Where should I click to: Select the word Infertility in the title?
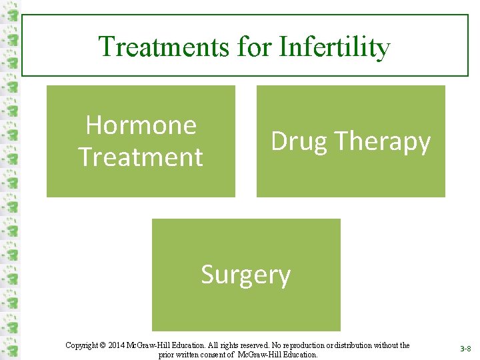click(335, 47)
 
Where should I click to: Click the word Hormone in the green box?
click(141, 125)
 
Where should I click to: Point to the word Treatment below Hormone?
click(141, 157)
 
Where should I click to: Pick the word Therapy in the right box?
click(382, 141)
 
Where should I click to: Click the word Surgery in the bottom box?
click(246, 275)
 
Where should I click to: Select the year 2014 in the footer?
click(115, 345)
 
